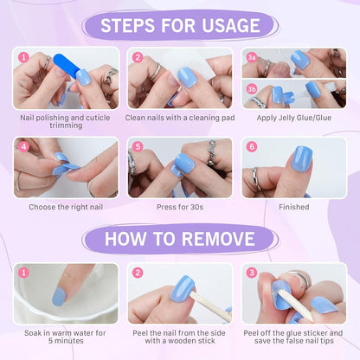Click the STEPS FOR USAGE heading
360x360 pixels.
click(x=179, y=24)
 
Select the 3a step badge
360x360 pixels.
click(x=252, y=57)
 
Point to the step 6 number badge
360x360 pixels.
click(x=252, y=147)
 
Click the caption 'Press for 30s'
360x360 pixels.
click(x=180, y=208)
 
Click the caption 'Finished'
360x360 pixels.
click(x=293, y=208)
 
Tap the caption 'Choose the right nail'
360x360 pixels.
click(x=66, y=208)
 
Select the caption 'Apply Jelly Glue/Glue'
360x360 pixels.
click(x=293, y=117)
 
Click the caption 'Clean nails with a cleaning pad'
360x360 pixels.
click(x=180, y=117)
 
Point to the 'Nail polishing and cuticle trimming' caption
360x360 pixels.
click(x=66, y=121)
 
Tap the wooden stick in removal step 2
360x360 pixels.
click(x=208, y=303)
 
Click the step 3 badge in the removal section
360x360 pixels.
click(x=252, y=273)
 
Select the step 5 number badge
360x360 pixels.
click(x=138, y=147)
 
